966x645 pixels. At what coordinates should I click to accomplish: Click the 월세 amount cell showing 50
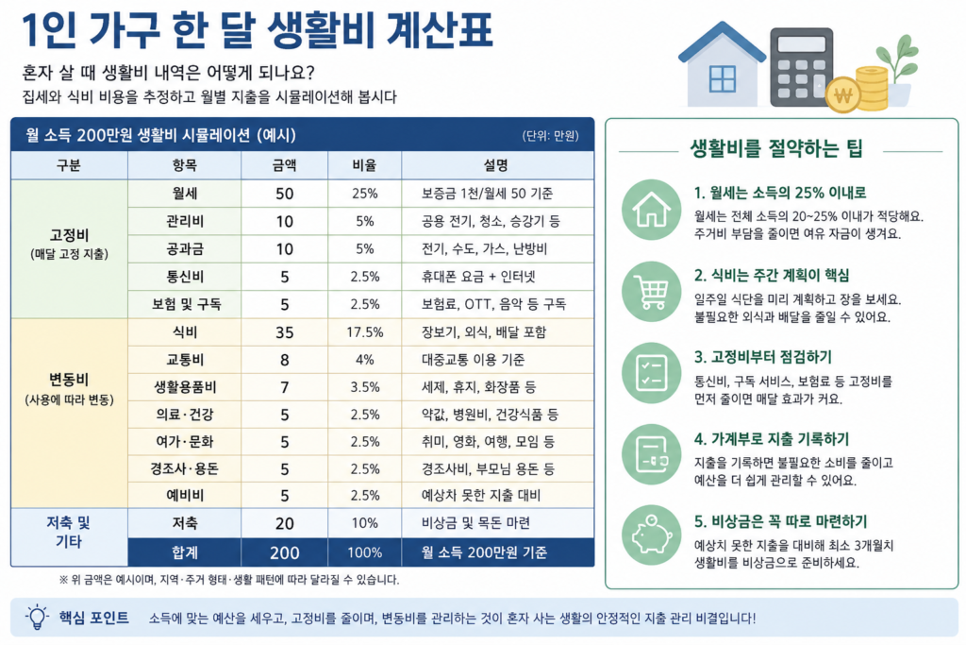point(284,194)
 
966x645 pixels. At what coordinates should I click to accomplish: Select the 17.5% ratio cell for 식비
point(365,332)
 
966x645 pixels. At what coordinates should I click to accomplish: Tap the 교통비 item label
point(185,360)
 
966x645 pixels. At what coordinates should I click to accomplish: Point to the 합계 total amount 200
point(285,552)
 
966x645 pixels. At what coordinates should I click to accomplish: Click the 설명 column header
point(496,165)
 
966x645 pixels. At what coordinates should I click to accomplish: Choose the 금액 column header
point(284,165)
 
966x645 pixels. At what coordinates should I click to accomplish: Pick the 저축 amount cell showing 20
point(285,523)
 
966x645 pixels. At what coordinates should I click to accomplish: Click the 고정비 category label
point(70,235)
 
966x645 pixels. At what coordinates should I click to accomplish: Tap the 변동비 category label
point(69,380)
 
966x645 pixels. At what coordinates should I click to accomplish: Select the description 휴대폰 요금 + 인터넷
point(478,277)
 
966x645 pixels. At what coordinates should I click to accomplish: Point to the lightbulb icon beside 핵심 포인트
point(37,618)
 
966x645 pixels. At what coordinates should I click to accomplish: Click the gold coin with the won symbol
point(842,95)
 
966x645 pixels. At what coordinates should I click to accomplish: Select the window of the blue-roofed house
point(722,78)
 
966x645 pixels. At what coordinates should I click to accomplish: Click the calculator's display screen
point(802,44)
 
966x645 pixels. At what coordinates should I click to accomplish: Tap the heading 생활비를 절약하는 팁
point(776,148)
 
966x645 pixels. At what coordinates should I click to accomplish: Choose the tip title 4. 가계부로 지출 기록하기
point(772,439)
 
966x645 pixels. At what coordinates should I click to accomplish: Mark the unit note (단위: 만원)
point(550,136)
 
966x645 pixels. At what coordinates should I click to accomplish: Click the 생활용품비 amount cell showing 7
point(285,387)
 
